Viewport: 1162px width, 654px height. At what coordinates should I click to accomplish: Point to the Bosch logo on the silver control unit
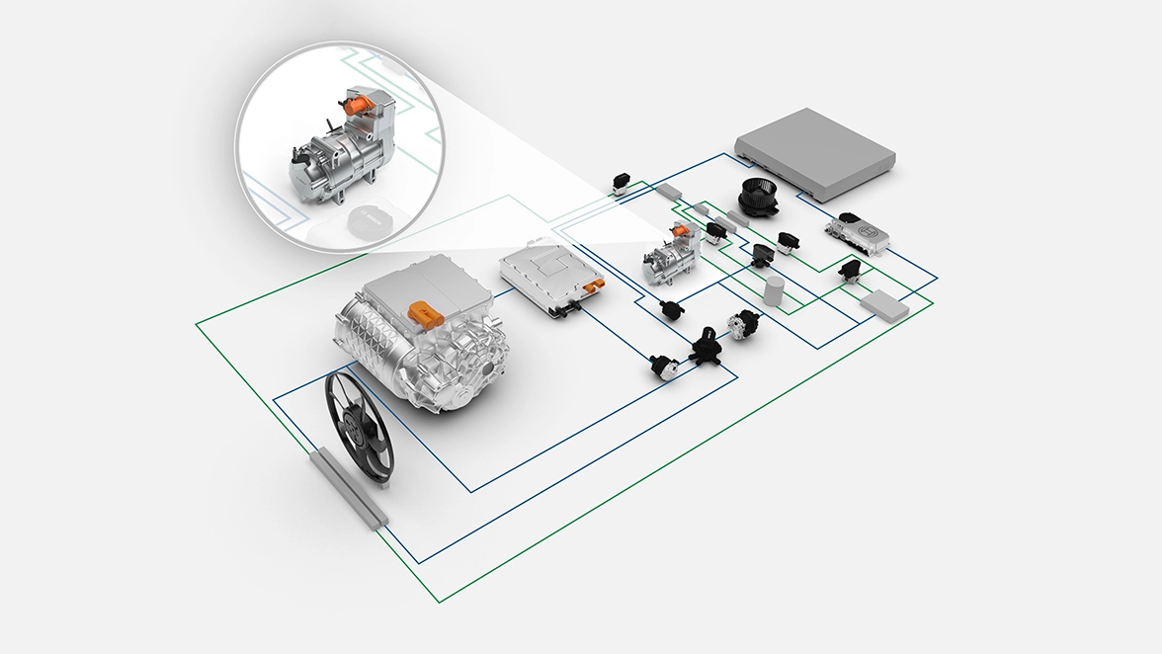click(871, 229)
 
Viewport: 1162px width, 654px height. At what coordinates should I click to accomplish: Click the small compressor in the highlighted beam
click(668, 256)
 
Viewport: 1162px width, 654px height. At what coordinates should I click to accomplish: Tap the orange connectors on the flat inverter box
click(593, 287)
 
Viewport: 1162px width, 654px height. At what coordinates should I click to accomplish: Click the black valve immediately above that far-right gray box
click(849, 270)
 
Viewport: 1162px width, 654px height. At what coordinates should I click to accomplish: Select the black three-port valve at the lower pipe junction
click(707, 346)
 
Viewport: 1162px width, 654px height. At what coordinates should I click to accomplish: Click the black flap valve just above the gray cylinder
click(762, 255)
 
